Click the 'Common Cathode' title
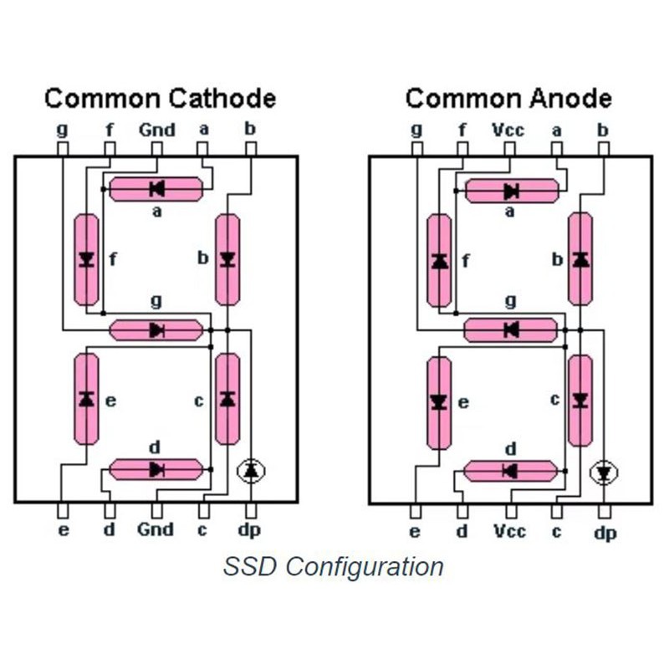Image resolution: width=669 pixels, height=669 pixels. (160, 99)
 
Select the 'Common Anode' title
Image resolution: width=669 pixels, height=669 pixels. (508, 99)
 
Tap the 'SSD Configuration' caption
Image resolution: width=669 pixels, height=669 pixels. (333, 566)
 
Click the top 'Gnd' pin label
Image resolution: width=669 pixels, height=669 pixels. (156, 130)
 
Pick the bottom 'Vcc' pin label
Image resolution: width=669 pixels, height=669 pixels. (509, 532)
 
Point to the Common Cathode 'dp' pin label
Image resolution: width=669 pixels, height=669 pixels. (250, 530)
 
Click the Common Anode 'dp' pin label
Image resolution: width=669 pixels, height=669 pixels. (605, 533)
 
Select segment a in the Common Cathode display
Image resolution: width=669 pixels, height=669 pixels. (156, 189)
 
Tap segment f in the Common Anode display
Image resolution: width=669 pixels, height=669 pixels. (439, 260)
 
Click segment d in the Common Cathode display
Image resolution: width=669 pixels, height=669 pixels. (156, 469)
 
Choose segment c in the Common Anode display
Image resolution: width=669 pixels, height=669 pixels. (580, 400)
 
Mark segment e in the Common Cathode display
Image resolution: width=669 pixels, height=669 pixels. (85, 399)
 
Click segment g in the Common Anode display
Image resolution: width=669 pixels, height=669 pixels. (510, 329)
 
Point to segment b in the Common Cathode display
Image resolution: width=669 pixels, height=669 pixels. (227, 259)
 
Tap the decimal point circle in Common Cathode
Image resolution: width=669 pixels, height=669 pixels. (250, 472)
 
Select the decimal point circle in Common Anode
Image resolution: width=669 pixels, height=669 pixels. (603, 473)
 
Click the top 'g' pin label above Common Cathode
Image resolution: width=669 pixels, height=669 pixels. (62, 130)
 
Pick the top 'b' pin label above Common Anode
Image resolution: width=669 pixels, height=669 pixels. (603, 130)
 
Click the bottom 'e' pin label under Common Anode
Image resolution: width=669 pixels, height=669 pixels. (415, 532)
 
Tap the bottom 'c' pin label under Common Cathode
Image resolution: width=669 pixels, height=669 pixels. (203, 529)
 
